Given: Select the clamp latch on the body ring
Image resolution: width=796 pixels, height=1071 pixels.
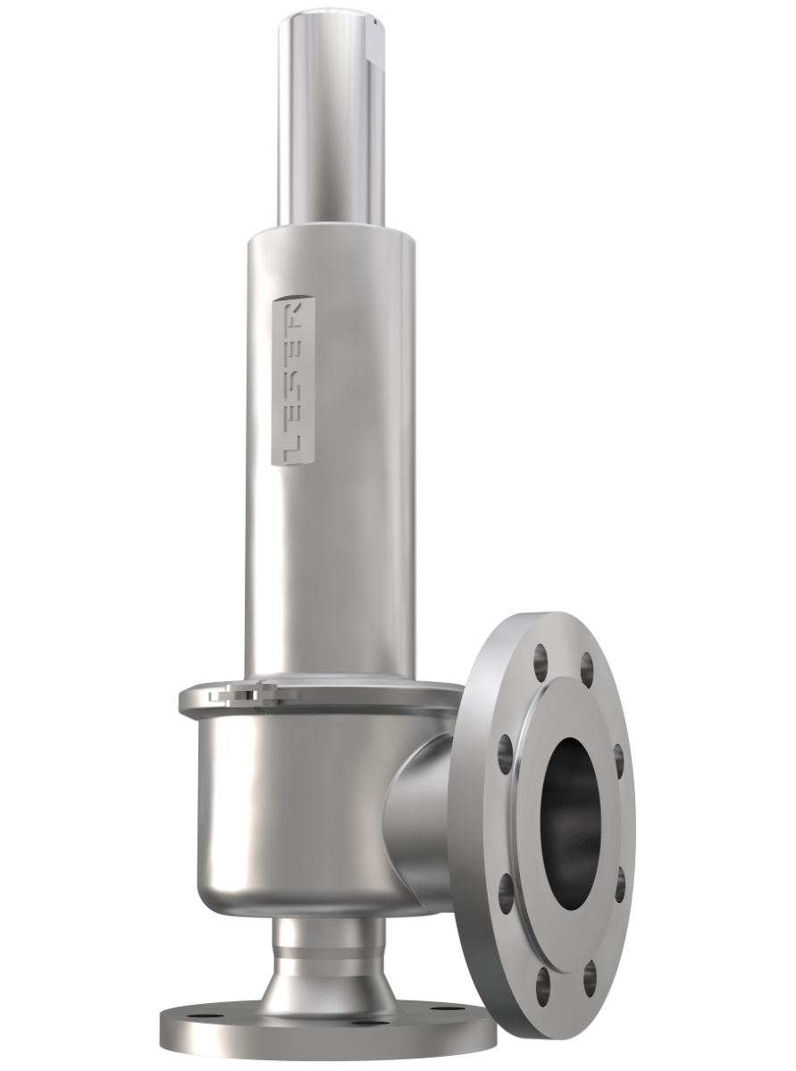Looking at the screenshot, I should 234,693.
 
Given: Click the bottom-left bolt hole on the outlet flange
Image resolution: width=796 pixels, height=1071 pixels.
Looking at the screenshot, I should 507,892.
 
